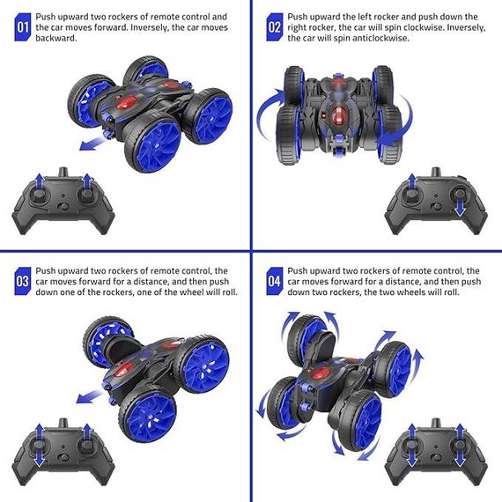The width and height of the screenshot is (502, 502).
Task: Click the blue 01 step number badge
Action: point(23,27)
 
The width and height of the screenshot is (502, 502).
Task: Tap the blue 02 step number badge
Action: point(275,27)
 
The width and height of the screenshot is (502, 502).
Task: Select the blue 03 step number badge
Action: point(23,281)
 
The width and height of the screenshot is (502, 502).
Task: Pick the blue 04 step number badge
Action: point(275,281)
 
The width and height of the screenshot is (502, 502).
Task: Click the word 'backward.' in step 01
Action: point(56,38)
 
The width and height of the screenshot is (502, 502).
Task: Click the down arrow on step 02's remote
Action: point(460,205)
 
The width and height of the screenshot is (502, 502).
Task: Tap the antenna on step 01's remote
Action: point(63,172)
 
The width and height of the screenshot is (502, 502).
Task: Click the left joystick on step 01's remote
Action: point(40,194)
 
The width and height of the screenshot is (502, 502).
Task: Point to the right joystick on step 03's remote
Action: point(86,445)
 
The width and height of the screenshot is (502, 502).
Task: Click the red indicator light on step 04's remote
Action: point(436,446)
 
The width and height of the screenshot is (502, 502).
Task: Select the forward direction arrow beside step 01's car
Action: point(92,143)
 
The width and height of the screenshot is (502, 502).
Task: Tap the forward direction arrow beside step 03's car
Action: point(89,396)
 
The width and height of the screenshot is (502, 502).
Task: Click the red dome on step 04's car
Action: point(321,373)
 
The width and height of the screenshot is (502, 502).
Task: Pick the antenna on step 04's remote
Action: point(436,423)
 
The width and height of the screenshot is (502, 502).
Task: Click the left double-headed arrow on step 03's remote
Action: point(40,446)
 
